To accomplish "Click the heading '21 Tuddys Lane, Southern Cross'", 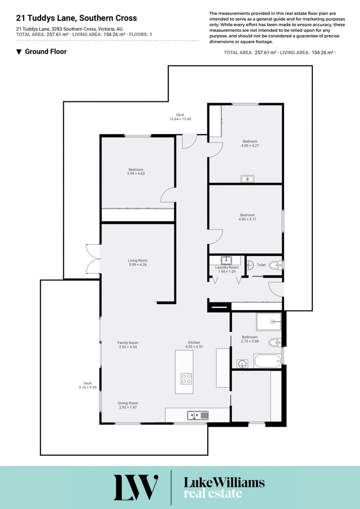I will (76, 18).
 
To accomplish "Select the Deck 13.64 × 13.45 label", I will (180, 117).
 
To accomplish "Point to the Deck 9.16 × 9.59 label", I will (87, 385).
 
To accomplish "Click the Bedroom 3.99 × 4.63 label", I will (136, 172).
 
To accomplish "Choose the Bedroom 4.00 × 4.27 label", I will (250, 143).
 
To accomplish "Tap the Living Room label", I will (138, 263).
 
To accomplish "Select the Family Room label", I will (127, 345).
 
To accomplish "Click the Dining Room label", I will (128, 405).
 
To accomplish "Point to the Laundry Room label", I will (227, 269).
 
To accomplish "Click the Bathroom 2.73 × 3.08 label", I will (250, 339).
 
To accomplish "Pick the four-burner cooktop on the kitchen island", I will (187, 378).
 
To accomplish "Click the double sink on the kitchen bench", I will (197, 415).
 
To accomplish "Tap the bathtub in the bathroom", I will (266, 362).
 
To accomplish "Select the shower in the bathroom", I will (269, 322).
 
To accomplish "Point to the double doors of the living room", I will (93, 258).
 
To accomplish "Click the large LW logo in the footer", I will (136, 487).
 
